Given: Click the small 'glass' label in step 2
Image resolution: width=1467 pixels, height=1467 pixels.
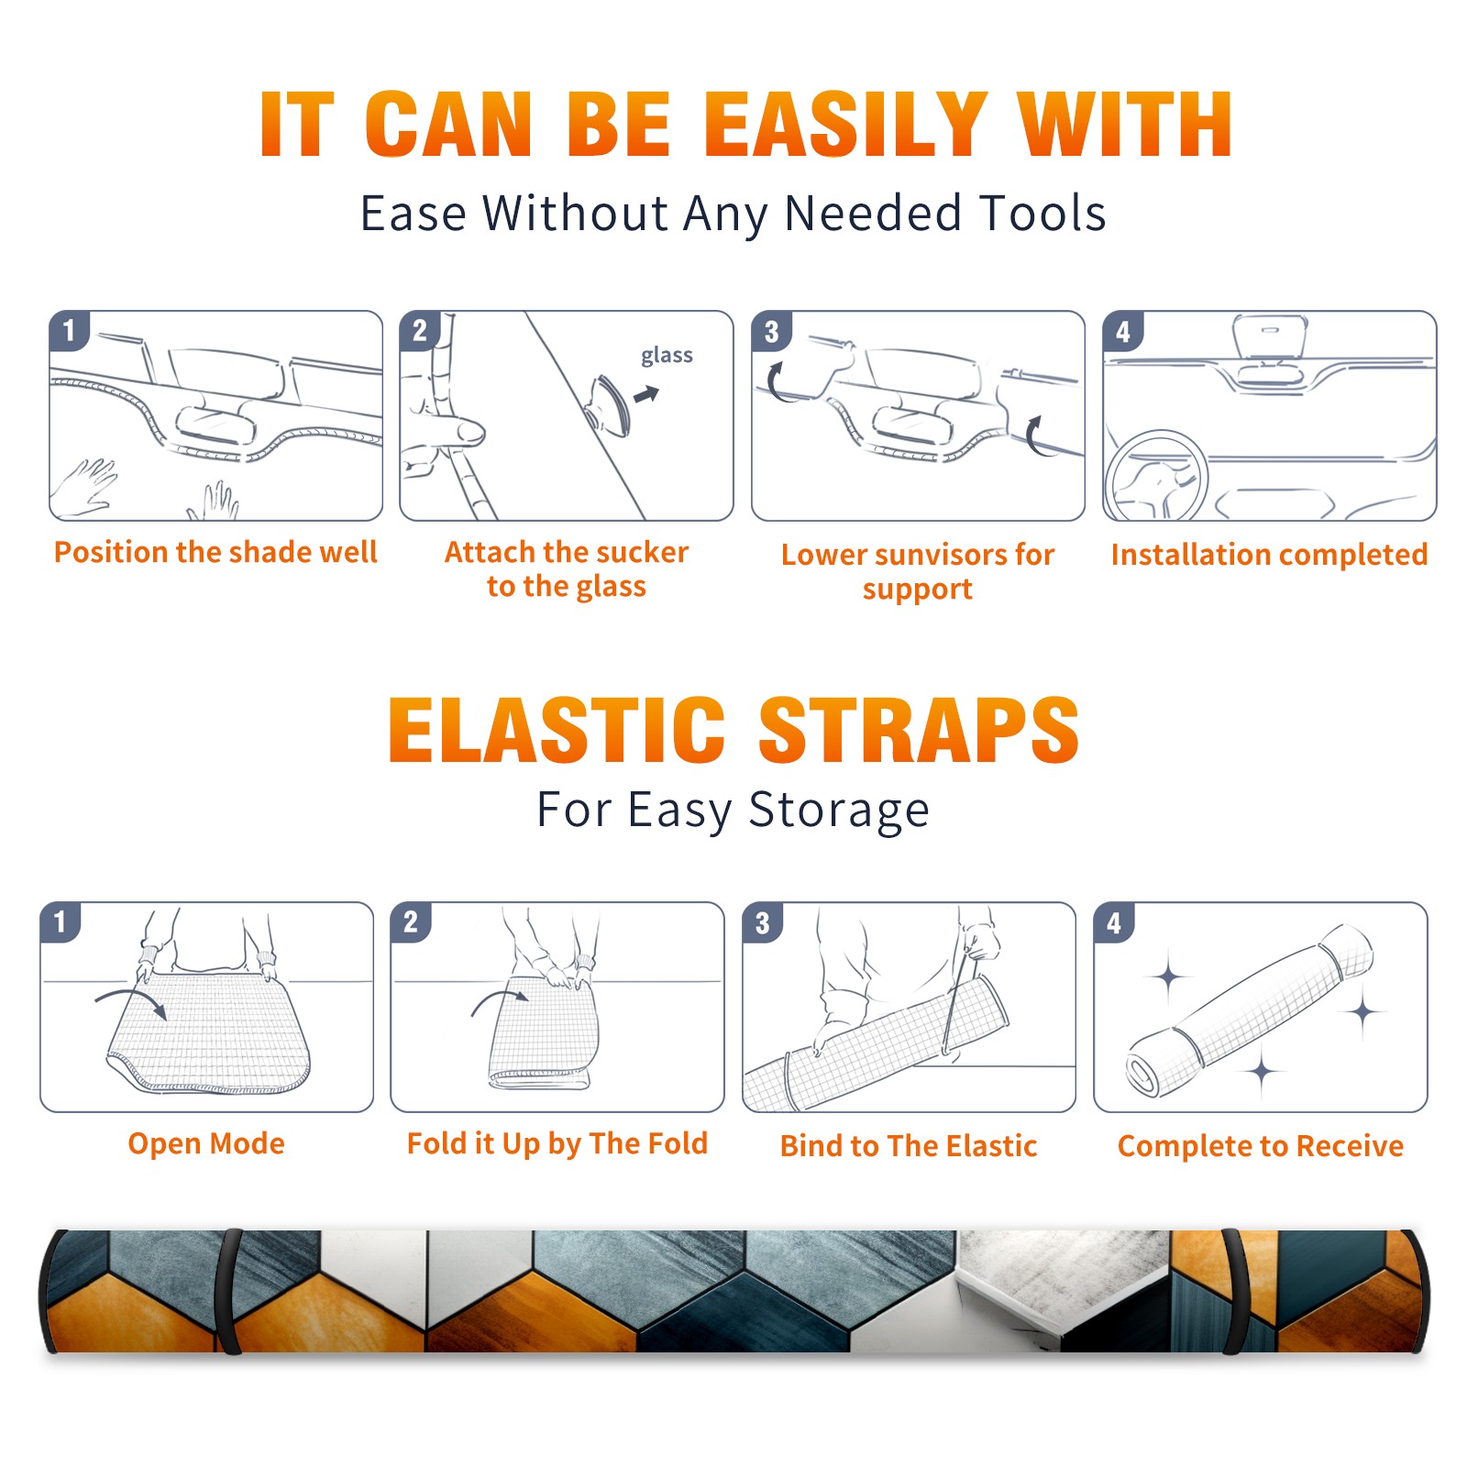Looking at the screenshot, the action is point(667,356).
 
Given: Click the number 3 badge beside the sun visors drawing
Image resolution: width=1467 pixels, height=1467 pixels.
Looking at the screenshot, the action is point(771,331).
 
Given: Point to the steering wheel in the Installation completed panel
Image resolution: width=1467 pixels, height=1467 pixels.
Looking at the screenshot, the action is point(1156,475).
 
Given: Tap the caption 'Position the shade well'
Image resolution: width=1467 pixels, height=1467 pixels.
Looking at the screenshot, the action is point(215,552).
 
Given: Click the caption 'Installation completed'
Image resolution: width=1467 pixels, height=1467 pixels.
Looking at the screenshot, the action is point(1269,554).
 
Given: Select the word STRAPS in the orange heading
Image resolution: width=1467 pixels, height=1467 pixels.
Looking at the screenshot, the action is point(919,730).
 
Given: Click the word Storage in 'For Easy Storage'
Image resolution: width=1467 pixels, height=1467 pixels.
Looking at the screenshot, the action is point(839,811).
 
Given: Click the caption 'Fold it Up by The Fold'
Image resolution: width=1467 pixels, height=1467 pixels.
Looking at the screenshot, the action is point(557,1143).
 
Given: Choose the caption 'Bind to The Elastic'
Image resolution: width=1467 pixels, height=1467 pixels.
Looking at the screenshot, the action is point(909,1146).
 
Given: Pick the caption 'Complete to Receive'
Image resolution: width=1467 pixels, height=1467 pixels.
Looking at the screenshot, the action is point(1261,1146).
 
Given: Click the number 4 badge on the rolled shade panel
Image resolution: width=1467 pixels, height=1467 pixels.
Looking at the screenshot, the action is point(1114,922).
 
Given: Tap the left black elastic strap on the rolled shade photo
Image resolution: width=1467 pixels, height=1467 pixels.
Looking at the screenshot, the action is point(229,1291).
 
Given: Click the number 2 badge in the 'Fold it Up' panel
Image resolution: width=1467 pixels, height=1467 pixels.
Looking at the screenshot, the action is point(411,922).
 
